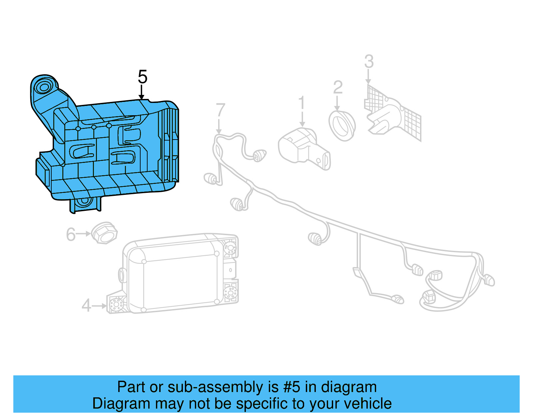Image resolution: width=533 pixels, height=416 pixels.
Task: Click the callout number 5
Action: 142,77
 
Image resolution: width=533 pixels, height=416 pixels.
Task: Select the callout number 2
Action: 338,87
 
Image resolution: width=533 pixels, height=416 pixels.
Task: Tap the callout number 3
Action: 369,62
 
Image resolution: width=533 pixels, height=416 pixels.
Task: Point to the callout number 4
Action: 86,305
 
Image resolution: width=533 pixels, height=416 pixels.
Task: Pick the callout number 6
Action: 71,234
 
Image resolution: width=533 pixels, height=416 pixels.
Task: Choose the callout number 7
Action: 221,110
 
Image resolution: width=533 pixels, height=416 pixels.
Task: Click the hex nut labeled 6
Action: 104,232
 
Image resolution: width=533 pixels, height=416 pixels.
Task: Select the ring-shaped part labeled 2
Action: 342,126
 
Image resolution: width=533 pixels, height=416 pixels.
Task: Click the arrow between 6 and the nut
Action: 83,234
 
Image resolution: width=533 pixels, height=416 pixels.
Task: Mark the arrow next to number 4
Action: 99,306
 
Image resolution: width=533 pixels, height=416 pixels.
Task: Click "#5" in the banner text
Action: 291,387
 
